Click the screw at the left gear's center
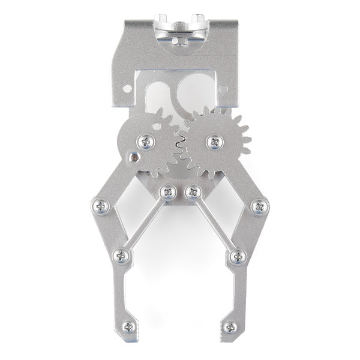[x=146, y=142]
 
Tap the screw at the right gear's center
[x=214, y=142]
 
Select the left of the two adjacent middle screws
[x=168, y=192]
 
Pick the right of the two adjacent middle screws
[x=192, y=192]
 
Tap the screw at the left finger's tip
[x=128, y=328]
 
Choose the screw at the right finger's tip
[x=230, y=328]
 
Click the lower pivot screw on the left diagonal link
[x=122, y=256]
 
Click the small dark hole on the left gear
[x=134, y=158]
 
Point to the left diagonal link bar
[x=145, y=224]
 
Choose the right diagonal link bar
[x=214, y=224]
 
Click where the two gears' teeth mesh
[x=179, y=142]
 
